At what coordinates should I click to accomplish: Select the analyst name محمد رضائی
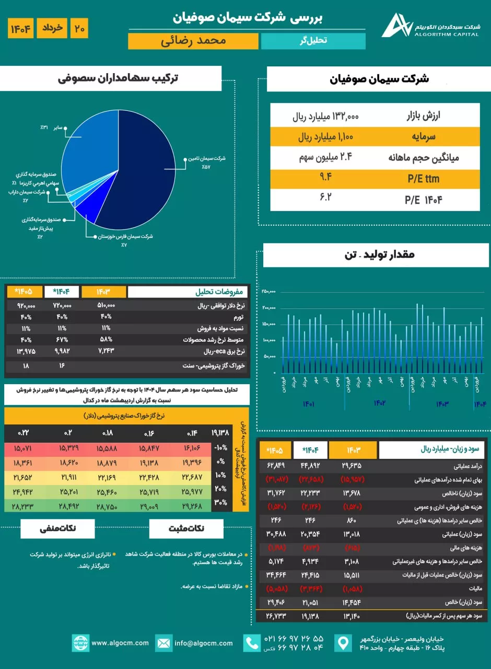coord(194,41)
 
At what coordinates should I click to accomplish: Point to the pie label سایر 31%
coord(52,127)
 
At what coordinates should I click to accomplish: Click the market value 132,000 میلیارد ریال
coord(325,117)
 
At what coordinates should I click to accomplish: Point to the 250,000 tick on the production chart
coord(268,292)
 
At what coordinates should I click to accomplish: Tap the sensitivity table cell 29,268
coord(192,505)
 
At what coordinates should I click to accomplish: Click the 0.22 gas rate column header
coord(24,433)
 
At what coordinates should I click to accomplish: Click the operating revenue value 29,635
coord(352,465)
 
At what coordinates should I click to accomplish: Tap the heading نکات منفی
coord(58,528)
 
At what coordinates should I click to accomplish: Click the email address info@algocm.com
coord(204,643)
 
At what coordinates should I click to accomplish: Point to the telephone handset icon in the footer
coord(252,643)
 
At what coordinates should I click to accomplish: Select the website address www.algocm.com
coord(120,643)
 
